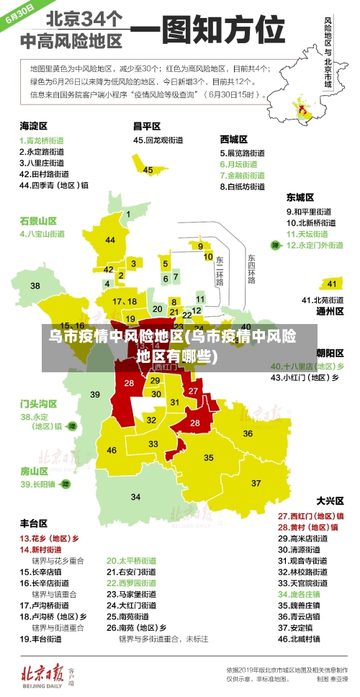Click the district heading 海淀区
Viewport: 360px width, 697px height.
(33, 125)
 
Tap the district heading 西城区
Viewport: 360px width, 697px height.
(234, 138)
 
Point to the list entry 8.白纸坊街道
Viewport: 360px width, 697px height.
(242, 186)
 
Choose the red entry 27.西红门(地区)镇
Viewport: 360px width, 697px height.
(310, 516)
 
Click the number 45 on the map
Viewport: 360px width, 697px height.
(148, 170)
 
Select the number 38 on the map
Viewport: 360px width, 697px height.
(35, 286)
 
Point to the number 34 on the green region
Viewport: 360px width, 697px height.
(135, 497)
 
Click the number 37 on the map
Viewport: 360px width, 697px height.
(256, 482)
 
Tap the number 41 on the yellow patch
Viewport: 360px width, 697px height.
(332, 284)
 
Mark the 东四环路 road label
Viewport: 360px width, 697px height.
(251, 268)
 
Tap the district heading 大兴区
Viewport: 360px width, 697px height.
(330, 500)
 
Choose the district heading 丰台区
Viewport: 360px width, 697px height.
(33, 523)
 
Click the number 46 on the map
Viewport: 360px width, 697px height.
(112, 450)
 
